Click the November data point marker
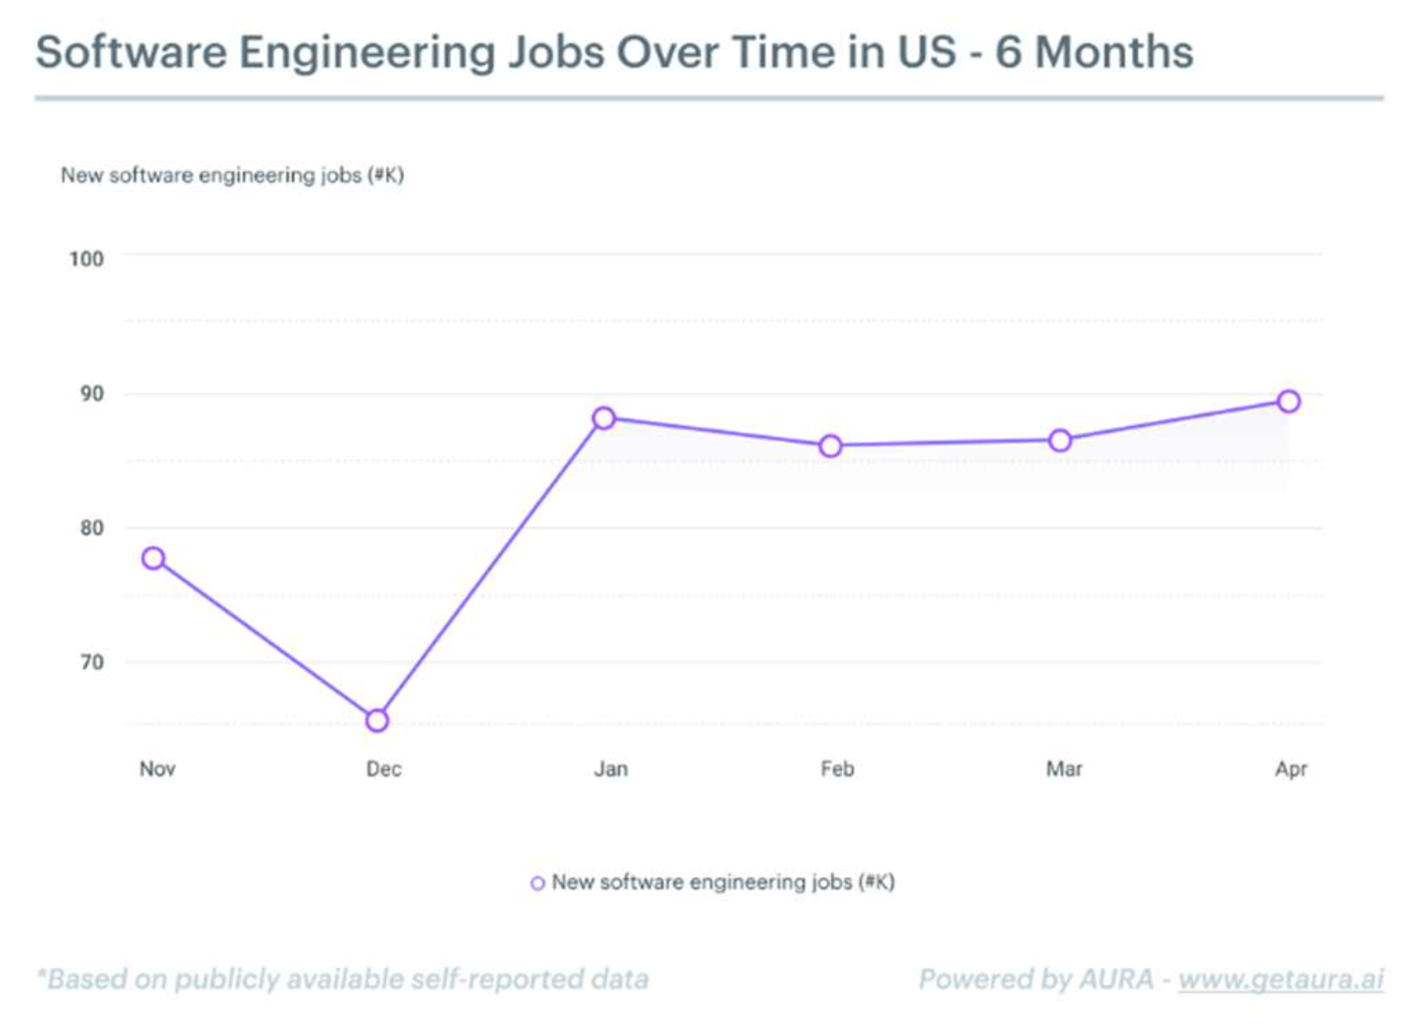pyautogui.click(x=153, y=559)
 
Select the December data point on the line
pyautogui.click(x=377, y=721)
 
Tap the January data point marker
pyautogui.click(x=604, y=418)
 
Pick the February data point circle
pyautogui.click(x=830, y=446)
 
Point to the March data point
pyautogui.click(x=1060, y=441)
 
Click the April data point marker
pyautogui.click(x=1288, y=401)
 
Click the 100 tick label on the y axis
pyautogui.click(x=86, y=259)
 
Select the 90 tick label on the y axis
pyautogui.click(x=92, y=394)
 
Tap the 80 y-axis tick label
pyautogui.click(x=92, y=528)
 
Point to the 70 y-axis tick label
pyautogui.click(x=92, y=663)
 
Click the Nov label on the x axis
pyautogui.click(x=157, y=769)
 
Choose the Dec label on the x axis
pyautogui.click(x=384, y=769)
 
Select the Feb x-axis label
pyautogui.click(x=837, y=769)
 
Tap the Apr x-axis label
pyautogui.click(x=1291, y=769)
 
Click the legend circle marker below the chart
pyautogui.click(x=537, y=884)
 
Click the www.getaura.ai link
pyautogui.click(x=1280, y=979)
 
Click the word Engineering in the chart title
pyautogui.click(x=367, y=53)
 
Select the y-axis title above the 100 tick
pyautogui.click(x=232, y=175)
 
